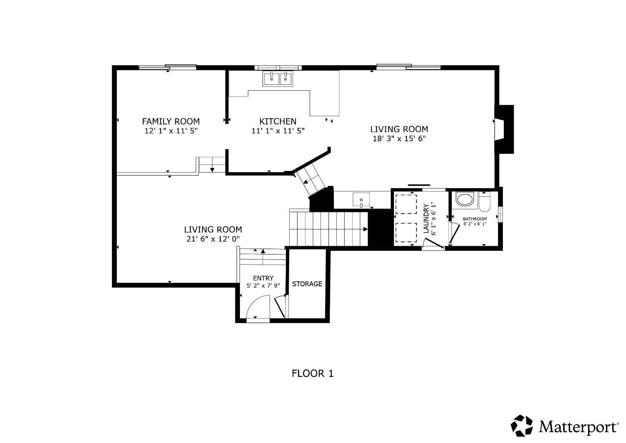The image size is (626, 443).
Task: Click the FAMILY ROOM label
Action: click(171, 121)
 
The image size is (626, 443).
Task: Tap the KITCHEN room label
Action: click(278, 121)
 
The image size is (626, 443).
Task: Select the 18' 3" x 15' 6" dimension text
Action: click(399, 139)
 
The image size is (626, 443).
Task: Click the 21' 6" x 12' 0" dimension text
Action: click(213, 239)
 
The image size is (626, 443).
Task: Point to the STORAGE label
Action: click(307, 284)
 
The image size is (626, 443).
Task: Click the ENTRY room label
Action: click(263, 278)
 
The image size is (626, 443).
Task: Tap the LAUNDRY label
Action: click(426, 218)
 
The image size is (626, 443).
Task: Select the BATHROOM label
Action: click(475, 219)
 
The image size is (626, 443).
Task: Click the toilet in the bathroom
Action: click(485, 202)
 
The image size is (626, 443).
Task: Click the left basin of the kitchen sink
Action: click(271, 79)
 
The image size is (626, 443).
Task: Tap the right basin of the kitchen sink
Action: click(286, 79)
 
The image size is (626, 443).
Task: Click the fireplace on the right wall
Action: click(504, 129)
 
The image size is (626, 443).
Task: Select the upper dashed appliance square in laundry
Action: click(406, 204)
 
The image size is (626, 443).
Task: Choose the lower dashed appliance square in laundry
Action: click(406, 232)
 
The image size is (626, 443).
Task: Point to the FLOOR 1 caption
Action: click(313, 373)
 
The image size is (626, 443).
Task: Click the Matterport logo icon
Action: click(522, 425)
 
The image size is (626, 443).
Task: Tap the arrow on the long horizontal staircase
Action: click(365, 229)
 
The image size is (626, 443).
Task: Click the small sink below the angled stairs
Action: click(361, 200)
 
